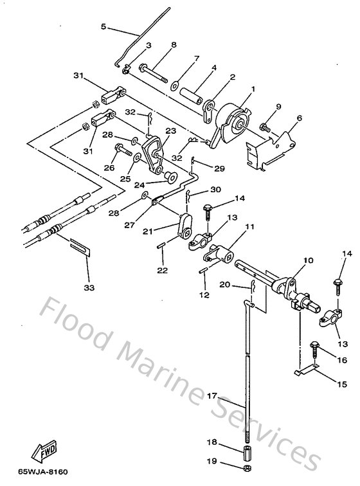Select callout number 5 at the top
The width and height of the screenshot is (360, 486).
point(104,26)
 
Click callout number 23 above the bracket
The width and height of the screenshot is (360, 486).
point(170,130)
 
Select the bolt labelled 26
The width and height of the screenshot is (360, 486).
point(123,150)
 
